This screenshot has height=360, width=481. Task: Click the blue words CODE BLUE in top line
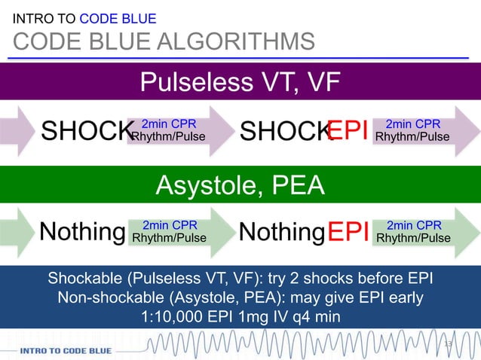(x=118, y=18)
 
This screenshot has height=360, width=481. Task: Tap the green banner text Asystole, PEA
(x=240, y=184)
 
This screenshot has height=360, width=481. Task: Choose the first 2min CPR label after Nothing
(x=169, y=225)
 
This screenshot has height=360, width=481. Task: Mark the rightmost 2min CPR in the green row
(x=413, y=225)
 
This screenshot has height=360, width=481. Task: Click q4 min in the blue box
(x=315, y=316)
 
